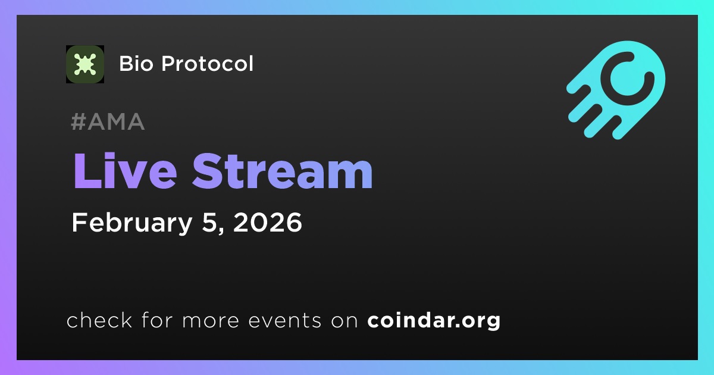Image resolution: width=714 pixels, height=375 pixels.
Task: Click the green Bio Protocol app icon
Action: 84,64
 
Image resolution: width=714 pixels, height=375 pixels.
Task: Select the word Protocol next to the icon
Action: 207,64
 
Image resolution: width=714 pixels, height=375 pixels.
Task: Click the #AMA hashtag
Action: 108,121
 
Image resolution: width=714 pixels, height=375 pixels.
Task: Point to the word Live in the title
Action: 125,171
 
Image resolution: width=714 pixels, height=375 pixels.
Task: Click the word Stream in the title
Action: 283,171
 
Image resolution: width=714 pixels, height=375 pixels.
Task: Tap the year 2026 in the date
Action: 267,222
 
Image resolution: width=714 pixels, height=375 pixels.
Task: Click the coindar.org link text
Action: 434,320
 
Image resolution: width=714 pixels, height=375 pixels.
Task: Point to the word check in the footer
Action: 99,320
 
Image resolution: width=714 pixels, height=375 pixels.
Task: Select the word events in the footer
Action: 284,320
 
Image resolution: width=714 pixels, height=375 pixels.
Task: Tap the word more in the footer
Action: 211,321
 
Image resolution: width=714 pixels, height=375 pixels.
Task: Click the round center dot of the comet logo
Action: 627,79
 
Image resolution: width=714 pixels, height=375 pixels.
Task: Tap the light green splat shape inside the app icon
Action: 84,64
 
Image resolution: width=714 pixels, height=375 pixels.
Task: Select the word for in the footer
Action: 157,320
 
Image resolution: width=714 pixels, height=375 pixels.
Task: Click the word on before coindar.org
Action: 345,321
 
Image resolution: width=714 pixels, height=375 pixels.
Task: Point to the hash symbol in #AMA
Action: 78,121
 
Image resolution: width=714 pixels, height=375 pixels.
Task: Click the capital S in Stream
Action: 208,171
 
